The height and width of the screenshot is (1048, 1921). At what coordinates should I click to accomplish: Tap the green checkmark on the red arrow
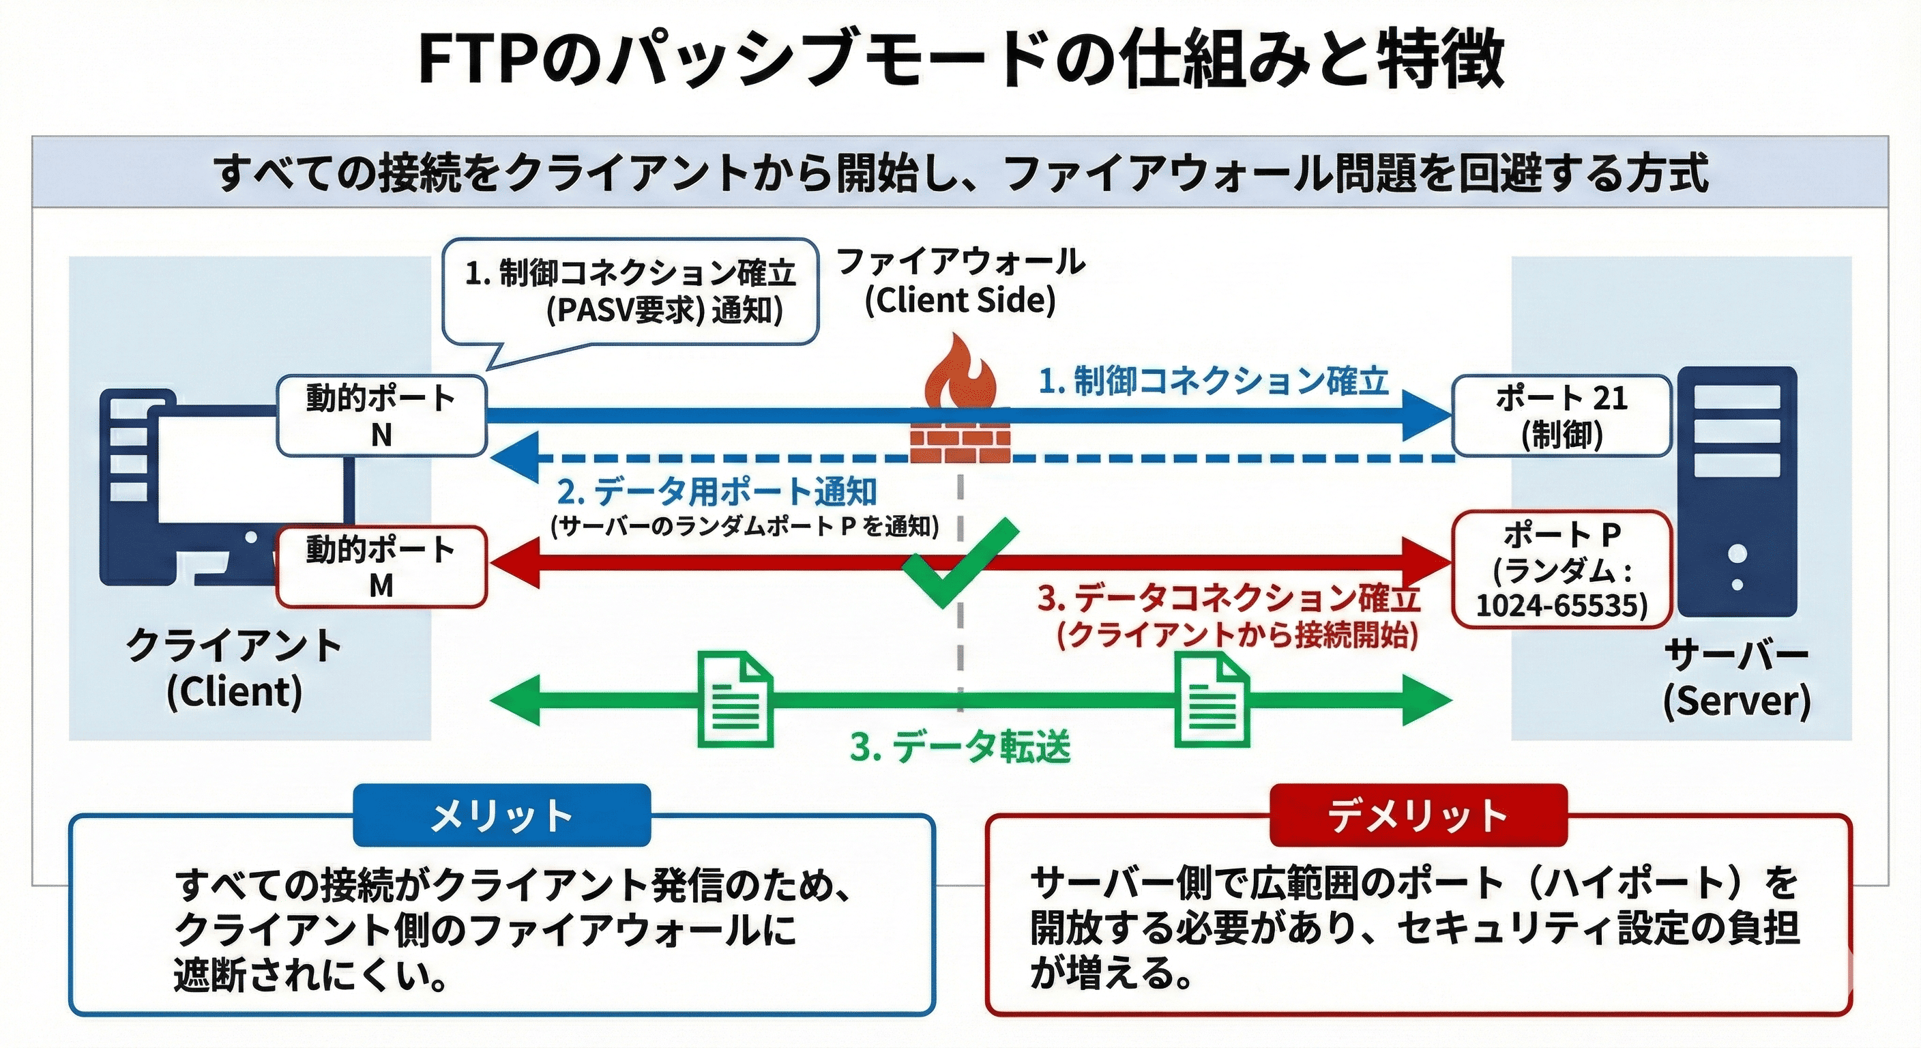point(958,560)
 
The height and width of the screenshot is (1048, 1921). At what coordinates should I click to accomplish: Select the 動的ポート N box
point(381,416)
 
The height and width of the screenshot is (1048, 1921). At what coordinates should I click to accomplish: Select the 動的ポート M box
point(381,568)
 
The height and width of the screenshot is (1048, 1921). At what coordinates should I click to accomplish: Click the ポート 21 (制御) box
point(1561,416)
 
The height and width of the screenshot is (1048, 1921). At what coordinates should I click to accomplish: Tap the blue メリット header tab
point(501,815)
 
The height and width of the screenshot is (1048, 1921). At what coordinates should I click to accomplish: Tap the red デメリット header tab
point(1418,815)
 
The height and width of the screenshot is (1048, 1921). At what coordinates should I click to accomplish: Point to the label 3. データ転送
point(960,746)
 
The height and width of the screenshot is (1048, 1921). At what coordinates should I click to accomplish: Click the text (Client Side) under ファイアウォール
point(960,301)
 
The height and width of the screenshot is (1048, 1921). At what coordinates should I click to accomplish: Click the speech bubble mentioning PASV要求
point(630,293)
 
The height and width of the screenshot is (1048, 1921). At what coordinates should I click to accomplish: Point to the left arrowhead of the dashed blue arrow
point(514,457)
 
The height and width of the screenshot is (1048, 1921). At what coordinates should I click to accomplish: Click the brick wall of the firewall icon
point(960,437)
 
